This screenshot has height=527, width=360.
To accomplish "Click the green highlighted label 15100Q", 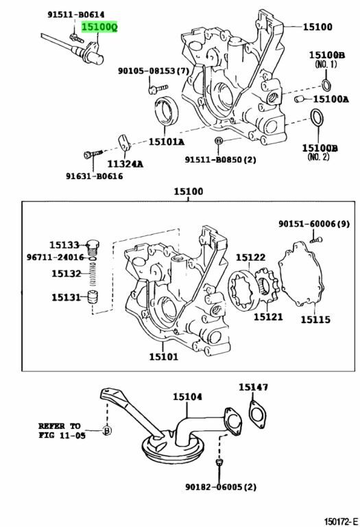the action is coord(99,27).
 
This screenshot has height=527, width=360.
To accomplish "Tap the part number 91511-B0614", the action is coord(76,14).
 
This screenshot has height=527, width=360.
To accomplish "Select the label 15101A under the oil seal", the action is coord(167,142).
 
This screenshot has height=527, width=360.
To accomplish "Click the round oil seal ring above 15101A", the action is coord(166,110).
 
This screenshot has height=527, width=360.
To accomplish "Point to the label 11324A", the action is coord(125,164).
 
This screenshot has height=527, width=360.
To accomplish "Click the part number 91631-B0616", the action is coord(95,176).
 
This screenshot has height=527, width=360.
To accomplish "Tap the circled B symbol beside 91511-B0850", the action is coord(218,141).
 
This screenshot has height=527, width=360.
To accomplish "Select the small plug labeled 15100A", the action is coord(299,99).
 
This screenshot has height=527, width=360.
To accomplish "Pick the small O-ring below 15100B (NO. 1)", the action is coord(326,85).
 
